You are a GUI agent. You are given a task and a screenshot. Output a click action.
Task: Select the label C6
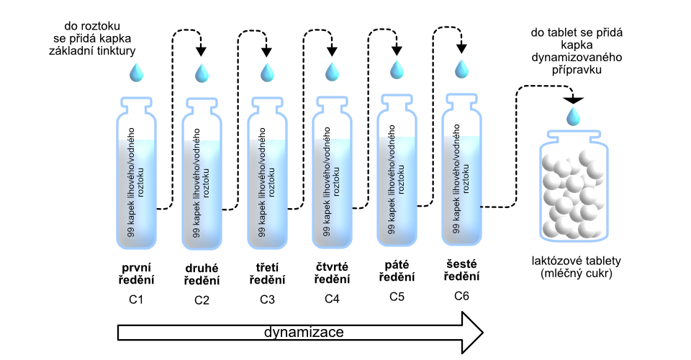(461, 295)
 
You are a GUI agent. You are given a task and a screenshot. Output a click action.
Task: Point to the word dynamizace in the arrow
(303, 333)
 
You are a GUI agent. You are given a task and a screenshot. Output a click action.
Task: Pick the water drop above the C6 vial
(461, 68)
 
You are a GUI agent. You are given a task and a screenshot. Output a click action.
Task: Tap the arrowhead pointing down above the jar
(573, 99)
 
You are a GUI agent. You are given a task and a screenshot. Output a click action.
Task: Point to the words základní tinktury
(94, 50)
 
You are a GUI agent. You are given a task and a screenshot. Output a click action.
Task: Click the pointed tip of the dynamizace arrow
(481, 333)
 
